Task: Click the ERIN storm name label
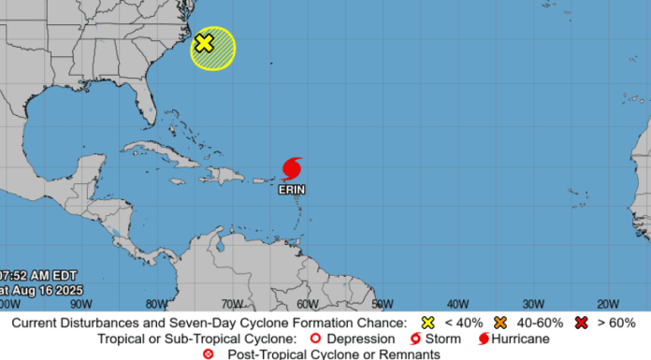click(x=292, y=190)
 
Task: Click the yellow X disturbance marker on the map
click(x=204, y=42)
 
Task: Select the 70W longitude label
click(x=232, y=303)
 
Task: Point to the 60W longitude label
click(x=307, y=303)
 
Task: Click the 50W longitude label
click(x=383, y=303)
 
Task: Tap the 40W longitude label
click(x=457, y=303)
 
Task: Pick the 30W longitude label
click(x=533, y=303)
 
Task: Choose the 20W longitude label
click(x=608, y=303)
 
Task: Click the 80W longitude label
click(x=156, y=303)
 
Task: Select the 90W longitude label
click(x=80, y=303)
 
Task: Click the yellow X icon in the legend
click(x=427, y=323)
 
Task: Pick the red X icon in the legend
click(x=583, y=323)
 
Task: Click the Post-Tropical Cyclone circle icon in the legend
click(x=209, y=353)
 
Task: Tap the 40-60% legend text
click(x=538, y=323)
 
